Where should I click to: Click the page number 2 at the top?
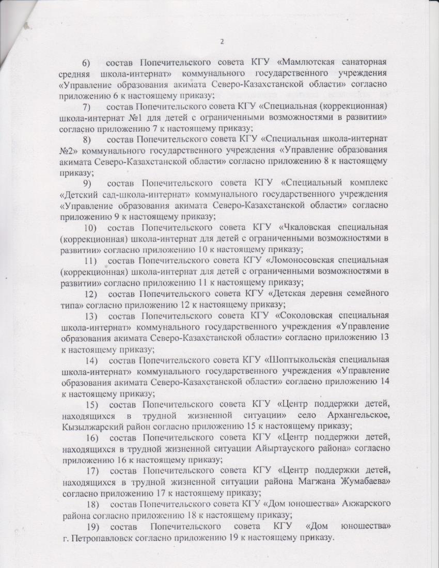click(222, 42)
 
